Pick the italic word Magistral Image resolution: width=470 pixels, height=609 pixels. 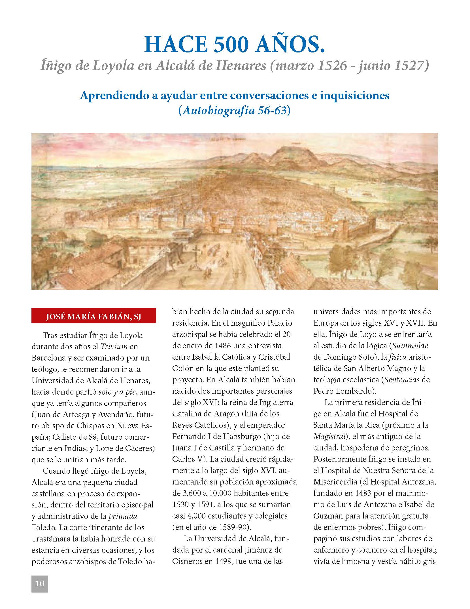328,436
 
